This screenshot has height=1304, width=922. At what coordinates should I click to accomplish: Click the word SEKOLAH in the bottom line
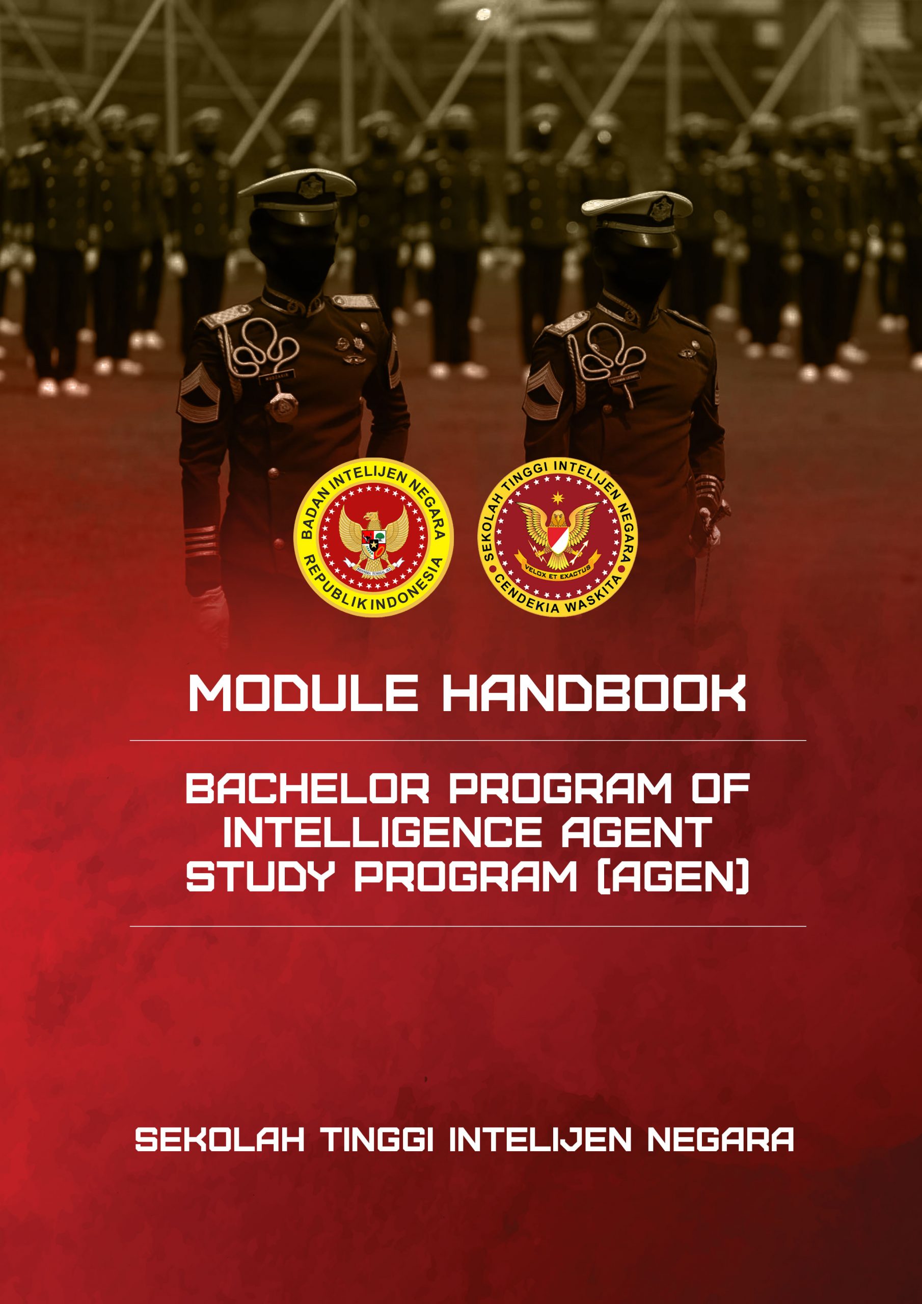pyautogui.click(x=219, y=1139)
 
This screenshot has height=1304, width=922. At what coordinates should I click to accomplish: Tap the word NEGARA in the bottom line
pyautogui.click(x=720, y=1139)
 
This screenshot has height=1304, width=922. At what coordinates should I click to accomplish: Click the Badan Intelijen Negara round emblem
pyautogui.click(x=373, y=537)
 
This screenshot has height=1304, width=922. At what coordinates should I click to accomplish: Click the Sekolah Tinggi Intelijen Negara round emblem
pyautogui.click(x=558, y=536)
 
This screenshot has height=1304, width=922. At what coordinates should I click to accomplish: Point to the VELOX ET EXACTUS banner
pyautogui.click(x=558, y=573)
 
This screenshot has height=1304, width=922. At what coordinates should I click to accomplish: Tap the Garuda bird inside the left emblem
pyautogui.click(x=373, y=539)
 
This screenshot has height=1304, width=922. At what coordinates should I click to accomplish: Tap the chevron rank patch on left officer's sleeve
pyautogui.click(x=198, y=391)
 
